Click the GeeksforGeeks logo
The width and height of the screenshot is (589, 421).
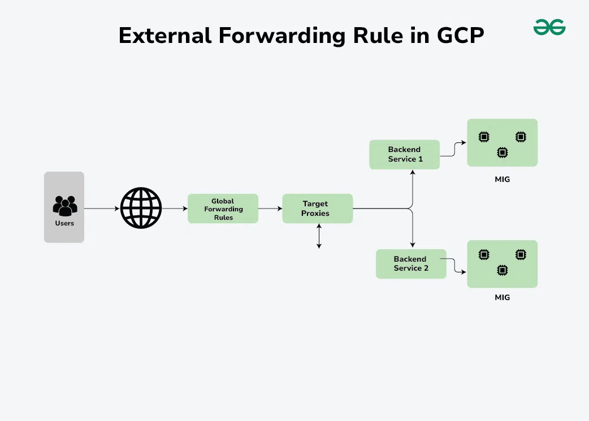tap(549, 27)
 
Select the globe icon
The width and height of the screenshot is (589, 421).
tap(141, 208)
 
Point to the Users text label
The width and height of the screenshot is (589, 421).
tap(64, 223)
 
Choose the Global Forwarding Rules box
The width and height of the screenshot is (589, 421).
tap(223, 209)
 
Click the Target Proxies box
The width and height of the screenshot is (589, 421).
tap(317, 209)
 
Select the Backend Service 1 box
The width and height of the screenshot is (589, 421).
tap(404, 154)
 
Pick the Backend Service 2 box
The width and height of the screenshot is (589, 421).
tap(411, 264)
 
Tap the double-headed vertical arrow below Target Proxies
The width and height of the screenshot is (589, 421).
tap(319, 236)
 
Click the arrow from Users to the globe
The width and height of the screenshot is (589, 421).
tap(102, 209)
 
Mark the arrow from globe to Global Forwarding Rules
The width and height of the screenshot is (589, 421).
tap(175, 209)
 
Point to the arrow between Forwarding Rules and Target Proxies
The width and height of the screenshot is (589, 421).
tap(270, 209)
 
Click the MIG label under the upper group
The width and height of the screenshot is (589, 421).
tap(502, 180)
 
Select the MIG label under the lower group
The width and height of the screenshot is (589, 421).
tap(502, 297)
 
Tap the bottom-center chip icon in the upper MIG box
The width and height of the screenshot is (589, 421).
tap(502, 152)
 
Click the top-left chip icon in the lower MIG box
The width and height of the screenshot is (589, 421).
tap(483, 255)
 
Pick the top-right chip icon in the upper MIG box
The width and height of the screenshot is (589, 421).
tap(521, 137)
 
